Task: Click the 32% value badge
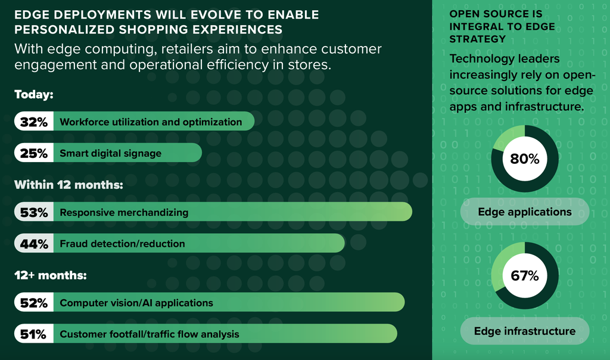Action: [34, 122]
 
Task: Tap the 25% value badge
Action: [34, 153]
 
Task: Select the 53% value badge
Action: [34, 212]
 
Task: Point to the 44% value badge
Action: [34, 244]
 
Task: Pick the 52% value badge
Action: [34, 302]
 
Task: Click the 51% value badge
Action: [34, 334]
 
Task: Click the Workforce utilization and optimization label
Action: [151, 122]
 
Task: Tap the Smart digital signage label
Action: [110, 153]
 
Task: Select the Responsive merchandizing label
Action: [124, 213]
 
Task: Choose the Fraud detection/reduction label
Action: [122, 244]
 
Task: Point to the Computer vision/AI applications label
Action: [136, 303]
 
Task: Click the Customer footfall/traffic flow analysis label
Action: [150, 334]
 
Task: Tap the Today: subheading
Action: [34, 95]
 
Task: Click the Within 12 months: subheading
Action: [69, 185]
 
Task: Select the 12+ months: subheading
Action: [51, 275]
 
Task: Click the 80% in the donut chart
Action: [525, 159]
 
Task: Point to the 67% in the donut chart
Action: [525, 275]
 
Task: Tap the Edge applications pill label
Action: [525, 212]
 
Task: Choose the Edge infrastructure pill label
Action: [525, 331]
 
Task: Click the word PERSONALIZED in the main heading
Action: [64, 30]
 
